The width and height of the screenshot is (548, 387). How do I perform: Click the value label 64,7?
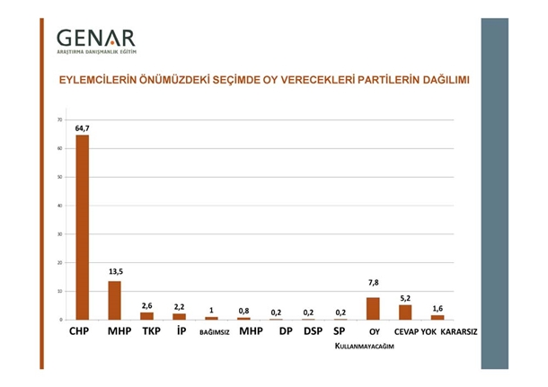point(82,128)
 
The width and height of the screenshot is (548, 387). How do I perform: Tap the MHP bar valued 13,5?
point(114,300)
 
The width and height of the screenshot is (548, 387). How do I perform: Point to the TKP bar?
point(146,315)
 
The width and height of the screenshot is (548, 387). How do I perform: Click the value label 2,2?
point(179,306)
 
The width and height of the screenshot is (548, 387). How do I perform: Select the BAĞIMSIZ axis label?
point(211,332)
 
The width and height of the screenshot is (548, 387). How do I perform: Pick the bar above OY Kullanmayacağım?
point(373,308)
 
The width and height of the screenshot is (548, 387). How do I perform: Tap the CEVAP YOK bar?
point(405,312)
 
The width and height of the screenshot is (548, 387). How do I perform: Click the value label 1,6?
point(438,307)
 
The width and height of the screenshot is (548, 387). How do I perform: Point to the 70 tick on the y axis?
point(59,119)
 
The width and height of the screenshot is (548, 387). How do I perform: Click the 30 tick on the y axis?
point(59,233)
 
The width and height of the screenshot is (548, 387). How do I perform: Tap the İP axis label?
point(179,331)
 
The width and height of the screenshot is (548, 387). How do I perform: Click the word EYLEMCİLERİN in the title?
point(99,80)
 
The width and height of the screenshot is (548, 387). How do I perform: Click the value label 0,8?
point(243,311)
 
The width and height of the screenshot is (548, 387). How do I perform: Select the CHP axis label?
point(82,331)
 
